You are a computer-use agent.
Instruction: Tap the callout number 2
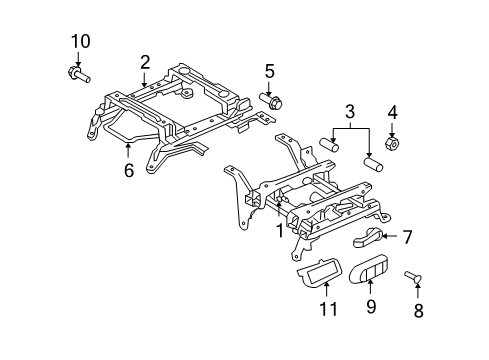tap(145, 62)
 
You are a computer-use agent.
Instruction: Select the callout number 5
tap(269, 70)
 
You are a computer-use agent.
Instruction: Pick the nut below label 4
tap(393, 144)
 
